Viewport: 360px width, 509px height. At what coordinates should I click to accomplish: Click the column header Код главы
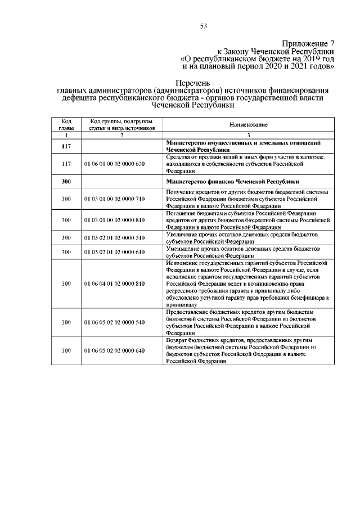(x=66, y=124)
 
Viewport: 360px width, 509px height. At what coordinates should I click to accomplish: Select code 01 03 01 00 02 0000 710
(x=115, y=199)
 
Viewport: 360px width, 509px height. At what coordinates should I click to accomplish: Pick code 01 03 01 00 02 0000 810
(x=115, y=220)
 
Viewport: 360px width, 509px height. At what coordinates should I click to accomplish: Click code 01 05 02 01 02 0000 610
(x=115, y=252)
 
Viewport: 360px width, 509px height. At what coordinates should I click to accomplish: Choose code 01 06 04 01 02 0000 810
(x=115, y=283)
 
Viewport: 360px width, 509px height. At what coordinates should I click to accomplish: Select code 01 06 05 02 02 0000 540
(x=115, y=322)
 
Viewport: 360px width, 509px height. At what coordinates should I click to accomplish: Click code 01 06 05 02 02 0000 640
(x=115, y=350)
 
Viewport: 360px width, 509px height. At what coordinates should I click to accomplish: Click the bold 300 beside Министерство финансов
(x=66, y=182)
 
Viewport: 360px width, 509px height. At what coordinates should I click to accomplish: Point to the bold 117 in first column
(x=66, y=147)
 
